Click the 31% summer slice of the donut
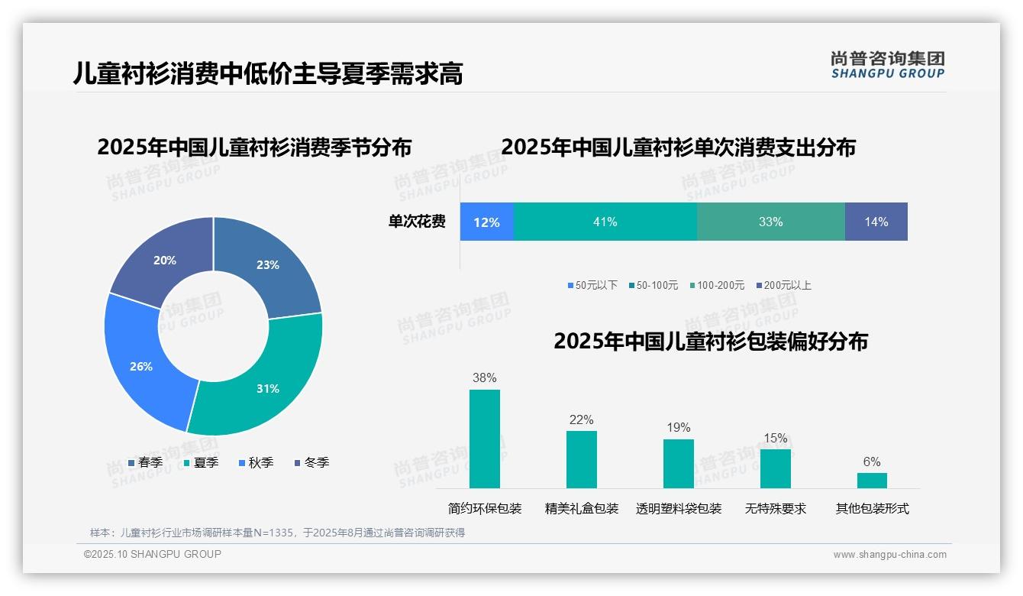tap(263, 382)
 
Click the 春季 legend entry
tap(145, 462)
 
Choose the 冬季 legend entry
tap(311, 462)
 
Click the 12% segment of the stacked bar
tap(486, 222)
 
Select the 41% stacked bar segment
tap(605, 222)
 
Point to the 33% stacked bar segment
tap(770, 222)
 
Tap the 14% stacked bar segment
tap(876, 222)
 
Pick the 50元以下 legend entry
tap(592, 285)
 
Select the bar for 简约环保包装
tap(484, 439)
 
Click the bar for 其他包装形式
tap(872, 480)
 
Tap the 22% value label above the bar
tap(581, 419)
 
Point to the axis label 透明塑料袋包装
tap(678, 508)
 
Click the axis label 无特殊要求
tap(775, 508)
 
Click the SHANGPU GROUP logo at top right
tap(887, 65)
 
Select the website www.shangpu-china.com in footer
tap(889, 555)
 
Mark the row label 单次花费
tap(417, 222)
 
